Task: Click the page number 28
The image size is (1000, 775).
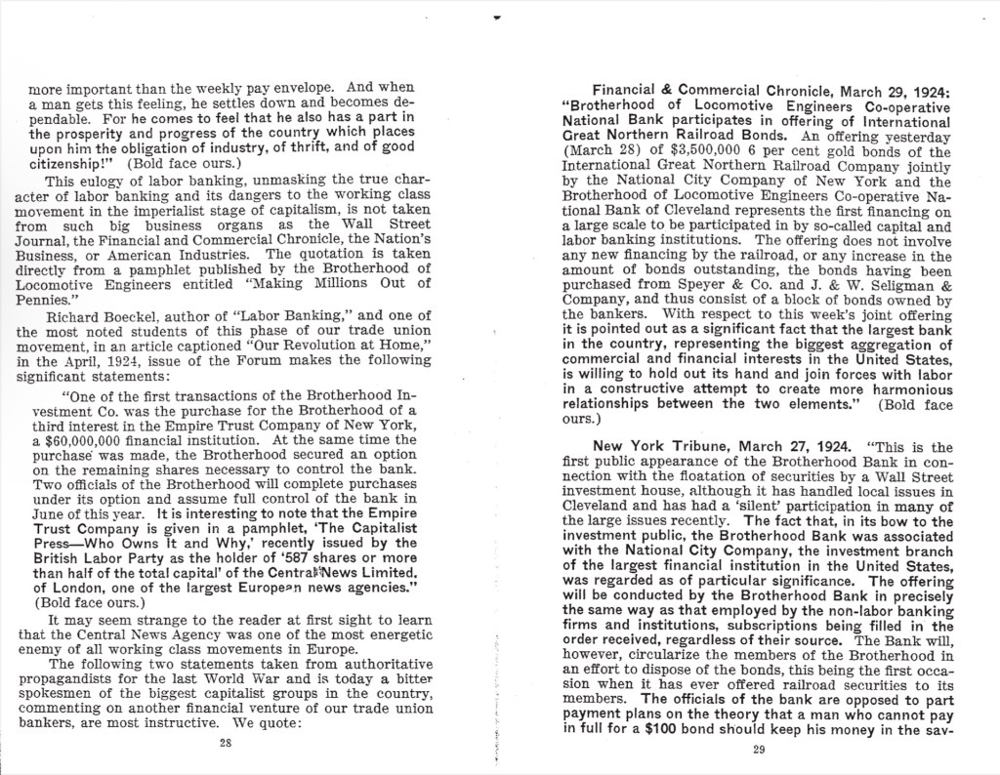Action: (226, 743)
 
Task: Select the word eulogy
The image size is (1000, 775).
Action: (95, 181)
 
